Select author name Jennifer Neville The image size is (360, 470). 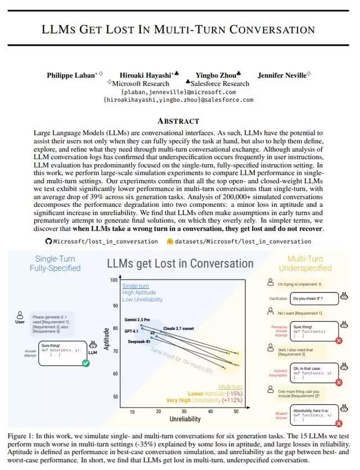coord(281,75)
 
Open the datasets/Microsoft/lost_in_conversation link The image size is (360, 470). coord(243,241)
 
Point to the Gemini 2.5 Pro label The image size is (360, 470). coord(137,319)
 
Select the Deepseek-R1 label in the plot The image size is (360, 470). coord(139,341)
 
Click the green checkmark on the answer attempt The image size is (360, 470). coord(85,363)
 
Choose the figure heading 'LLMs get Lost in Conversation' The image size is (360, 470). coord(180,263)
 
